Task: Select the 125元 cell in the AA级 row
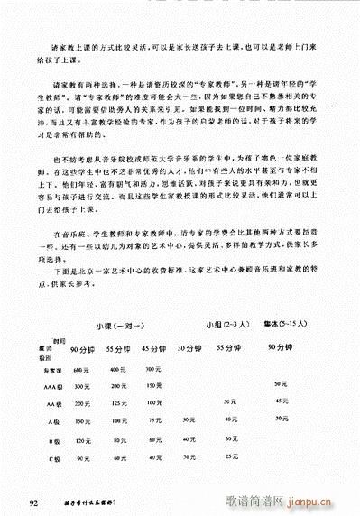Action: click(x=115, y=403)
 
